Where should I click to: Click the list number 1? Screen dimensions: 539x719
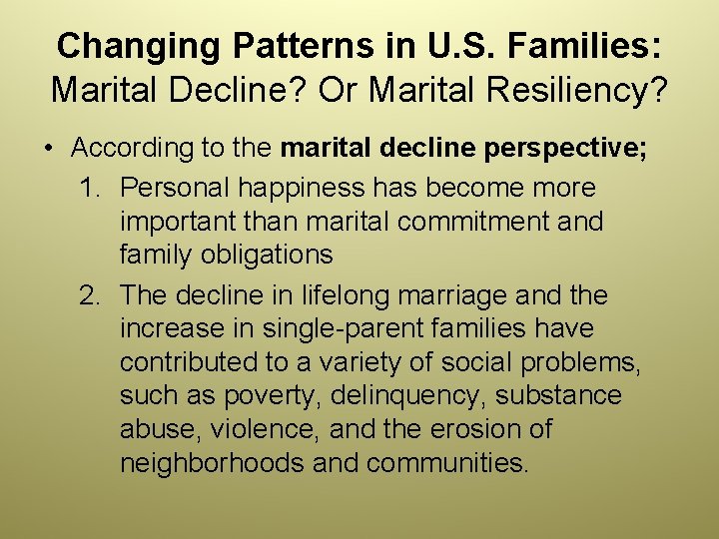(90, 188)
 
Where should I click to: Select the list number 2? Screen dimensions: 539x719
(90, 295)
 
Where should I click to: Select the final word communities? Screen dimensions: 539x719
(448, 464)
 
